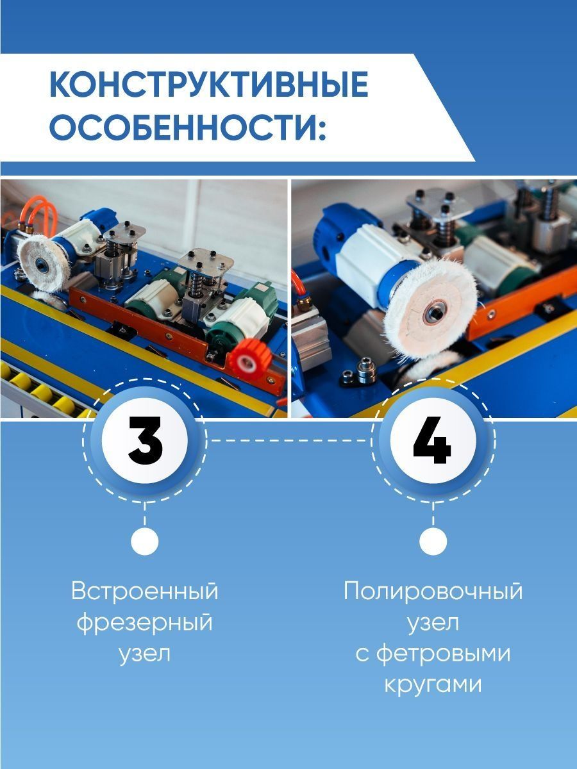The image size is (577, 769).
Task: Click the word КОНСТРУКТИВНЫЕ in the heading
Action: (x=209, y=85)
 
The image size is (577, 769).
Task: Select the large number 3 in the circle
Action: (x=146, y=440)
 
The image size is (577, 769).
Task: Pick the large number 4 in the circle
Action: (x=432, y=440)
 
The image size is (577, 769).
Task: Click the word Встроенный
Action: (x=145, y=591)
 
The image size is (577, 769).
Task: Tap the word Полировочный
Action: (x=433, y=592)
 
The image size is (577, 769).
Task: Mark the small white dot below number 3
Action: (x=145, y=541)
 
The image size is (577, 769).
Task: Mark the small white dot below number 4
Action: (x=433, y=541)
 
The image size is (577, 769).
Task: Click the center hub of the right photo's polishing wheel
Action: (x=432, y=311)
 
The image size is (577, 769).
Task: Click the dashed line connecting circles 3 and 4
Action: (x=288, y=440)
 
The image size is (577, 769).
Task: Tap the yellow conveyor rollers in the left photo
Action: (x=42, y=389)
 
